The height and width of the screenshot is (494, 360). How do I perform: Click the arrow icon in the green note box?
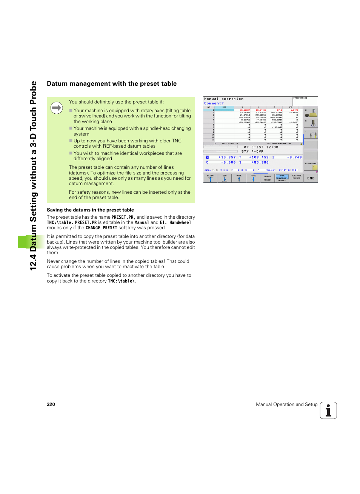57,108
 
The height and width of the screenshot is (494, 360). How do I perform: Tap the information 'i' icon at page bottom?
328,411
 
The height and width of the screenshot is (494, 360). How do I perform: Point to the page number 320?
51,404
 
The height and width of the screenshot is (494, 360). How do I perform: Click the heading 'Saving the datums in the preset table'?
90,210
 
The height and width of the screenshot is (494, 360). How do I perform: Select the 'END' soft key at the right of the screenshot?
311,178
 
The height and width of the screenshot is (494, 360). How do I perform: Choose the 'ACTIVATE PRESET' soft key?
297,177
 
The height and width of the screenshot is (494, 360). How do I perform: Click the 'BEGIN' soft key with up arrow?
210,178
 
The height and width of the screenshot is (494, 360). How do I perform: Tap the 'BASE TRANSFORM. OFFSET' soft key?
282,178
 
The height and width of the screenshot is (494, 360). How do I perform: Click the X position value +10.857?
227,157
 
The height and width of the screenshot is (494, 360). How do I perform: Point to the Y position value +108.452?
258,157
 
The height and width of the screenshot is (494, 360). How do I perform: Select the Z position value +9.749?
294,157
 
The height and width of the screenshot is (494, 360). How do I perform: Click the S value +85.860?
260,162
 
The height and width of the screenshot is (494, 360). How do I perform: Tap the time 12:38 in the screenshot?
272,147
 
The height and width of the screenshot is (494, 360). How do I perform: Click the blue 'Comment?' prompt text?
214,103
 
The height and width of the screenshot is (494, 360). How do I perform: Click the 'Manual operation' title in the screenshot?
224,99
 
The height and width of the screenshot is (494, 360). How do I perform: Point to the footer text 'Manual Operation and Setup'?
286,404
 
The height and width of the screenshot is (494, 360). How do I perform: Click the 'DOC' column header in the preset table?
224,107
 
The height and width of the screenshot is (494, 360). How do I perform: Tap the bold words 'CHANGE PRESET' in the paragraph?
101,228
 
